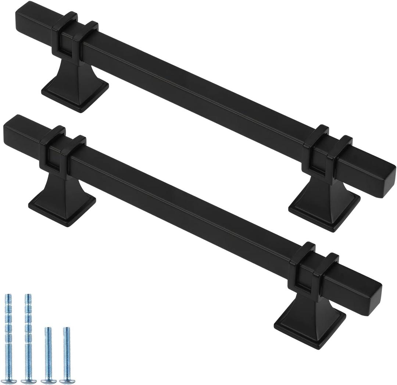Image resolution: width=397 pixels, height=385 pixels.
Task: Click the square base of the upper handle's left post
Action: [75, 94]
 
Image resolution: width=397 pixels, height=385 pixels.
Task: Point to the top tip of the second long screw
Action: [28, 296]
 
